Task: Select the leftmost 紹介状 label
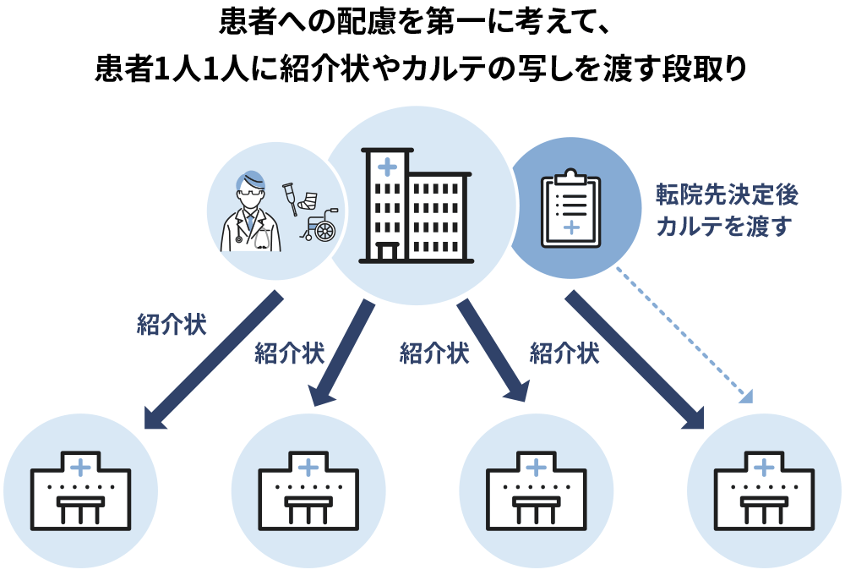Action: click(172, 325)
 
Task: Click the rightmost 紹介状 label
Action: click(564, 353)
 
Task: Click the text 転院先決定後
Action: click(727, 195)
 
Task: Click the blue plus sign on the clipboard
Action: click(570, 227)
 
